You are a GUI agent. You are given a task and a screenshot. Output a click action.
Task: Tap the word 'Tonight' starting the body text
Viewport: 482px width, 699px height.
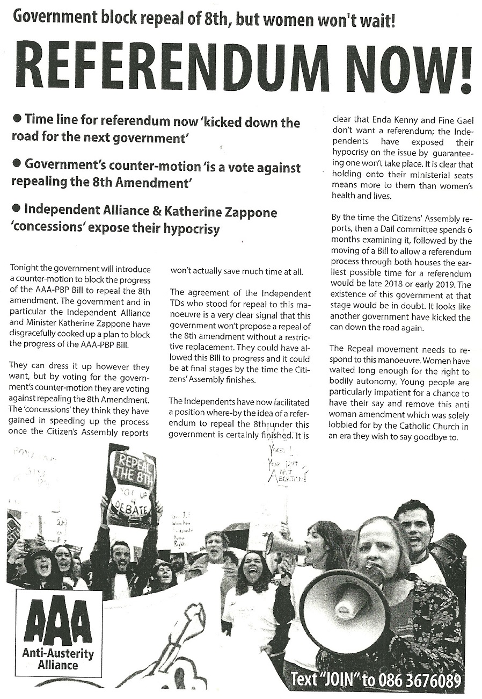tap(25, 269)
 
